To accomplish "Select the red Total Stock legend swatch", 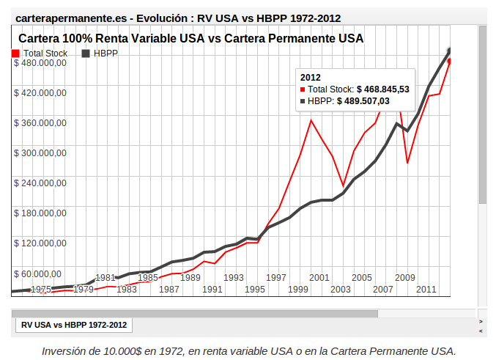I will pos(16,54).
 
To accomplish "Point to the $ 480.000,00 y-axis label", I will pos(40,63).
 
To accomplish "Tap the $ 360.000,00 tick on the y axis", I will pos(40,123).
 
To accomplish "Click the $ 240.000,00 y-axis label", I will pos(40,183).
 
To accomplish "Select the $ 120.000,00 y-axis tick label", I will pos(40,243).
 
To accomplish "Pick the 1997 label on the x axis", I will pos(276,278).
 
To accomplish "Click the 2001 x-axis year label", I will pos(319,278).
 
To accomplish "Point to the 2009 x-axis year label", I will pos(404,278).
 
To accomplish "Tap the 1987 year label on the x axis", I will pos(169,290).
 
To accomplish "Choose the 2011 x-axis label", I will pos(426,290).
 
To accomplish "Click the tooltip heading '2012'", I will pos(311,77).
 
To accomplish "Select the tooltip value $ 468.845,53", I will pos(382,89).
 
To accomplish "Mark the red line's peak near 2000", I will pos(311,120).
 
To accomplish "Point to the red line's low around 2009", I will pos(407,162).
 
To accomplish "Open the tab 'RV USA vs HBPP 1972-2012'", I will pos(73,324).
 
